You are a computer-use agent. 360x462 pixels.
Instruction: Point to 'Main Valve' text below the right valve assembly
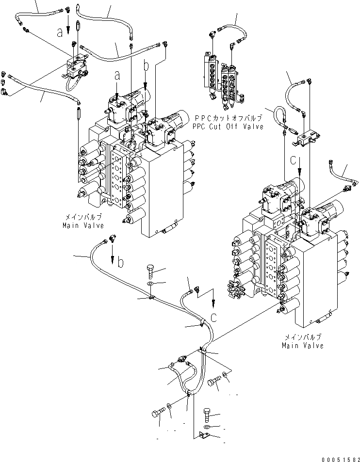(x=302, y=346)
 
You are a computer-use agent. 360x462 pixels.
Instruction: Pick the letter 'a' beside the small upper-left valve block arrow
(x=60, y=32)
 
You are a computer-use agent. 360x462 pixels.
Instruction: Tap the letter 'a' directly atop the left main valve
(x=116, y=75)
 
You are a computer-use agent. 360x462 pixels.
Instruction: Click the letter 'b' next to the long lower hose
(x=121, y=263)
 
